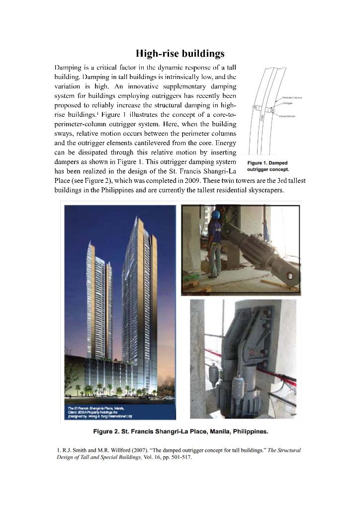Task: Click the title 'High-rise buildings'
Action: coord(180,53)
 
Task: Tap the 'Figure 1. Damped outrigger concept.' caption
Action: coord(268,166)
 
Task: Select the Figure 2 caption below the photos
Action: coord(180,430)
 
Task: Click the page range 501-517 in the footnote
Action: coord(181,458)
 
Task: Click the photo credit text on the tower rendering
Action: coord(94,412)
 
